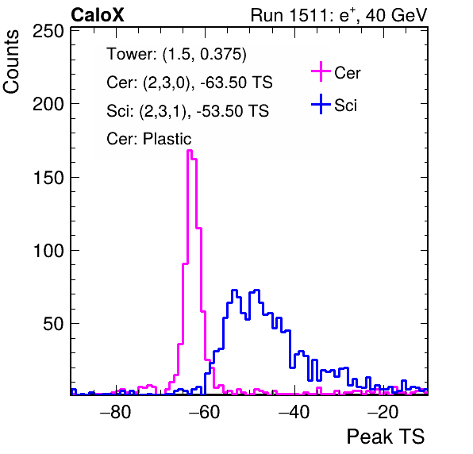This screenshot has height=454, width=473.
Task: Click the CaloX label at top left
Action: [x=98, y=15]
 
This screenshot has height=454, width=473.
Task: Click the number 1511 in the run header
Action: [x=311, y=15]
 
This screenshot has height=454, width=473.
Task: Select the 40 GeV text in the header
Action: [x=397, y=15]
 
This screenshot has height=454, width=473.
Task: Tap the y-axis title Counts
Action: [x=11, y=62]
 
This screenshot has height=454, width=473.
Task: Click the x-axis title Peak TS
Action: [x=386, y=437]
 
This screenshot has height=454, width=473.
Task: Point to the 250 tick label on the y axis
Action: [x=48, y=31]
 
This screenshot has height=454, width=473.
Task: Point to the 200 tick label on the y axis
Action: [x=48, y=104]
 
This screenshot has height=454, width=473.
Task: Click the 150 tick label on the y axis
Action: [x=48, y=177]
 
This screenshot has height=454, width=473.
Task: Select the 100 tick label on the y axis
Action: [x=48, y=250]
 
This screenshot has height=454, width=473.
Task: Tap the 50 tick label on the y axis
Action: [x=53, y=324]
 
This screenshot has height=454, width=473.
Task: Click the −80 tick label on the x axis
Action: [x=116, y=412]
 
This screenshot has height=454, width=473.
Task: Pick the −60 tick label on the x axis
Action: [x=205, y=412]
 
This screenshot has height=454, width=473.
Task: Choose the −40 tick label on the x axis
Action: [x=294, y=412]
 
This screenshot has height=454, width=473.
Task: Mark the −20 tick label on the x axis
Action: [x=383, y=412]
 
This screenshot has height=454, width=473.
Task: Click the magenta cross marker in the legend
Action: [x=321, y=71]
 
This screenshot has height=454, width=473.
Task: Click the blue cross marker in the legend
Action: [x=321, y=105]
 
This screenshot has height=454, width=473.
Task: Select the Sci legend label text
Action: [x=345, y=106]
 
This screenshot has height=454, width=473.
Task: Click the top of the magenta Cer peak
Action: [x=190, y=150]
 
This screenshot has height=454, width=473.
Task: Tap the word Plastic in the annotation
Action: [x=167, y=139]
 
